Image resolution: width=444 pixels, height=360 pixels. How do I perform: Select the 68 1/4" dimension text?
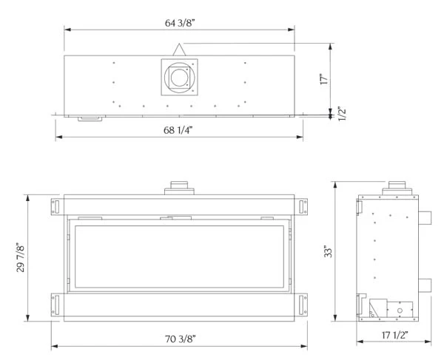(179, 131)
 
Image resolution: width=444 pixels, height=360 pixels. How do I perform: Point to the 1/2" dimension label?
(342, 115)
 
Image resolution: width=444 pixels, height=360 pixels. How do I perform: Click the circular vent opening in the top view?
(178, 77)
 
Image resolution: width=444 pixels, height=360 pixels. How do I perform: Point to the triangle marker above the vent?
(178, 50)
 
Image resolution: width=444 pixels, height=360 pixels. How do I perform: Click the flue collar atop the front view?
(178, 188)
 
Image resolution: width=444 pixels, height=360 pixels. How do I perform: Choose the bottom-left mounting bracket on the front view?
(57, 305)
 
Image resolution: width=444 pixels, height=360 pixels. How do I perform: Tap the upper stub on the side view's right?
(425, 217)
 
